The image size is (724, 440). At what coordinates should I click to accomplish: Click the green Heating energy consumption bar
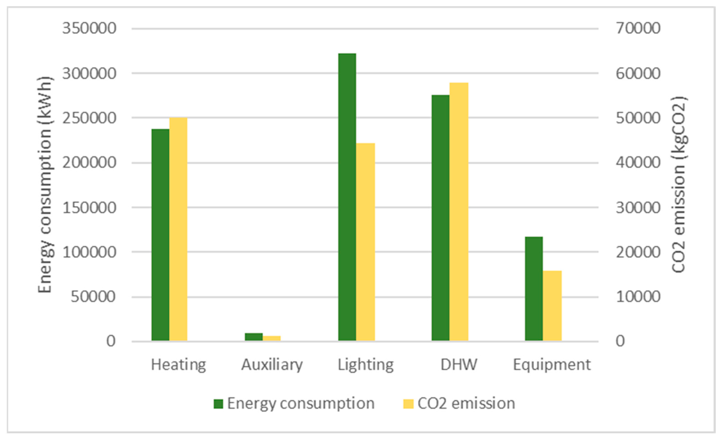[x=160, y=235]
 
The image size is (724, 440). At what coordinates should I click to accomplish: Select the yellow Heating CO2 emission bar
[x=178, y=229]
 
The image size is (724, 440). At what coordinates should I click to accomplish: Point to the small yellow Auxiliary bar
[x=271, y=338]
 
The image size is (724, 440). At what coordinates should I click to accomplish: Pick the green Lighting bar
[x=347, y=197]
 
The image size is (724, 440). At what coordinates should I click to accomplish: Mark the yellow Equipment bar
[x=552, y=306]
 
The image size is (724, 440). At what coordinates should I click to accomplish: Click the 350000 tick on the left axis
[x=89, y=29]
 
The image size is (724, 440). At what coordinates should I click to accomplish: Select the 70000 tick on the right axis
[x=638, y=29]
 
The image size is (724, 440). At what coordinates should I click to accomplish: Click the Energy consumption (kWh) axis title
[x=45, y=185]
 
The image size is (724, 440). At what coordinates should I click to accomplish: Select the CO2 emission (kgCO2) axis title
[x=679, y=185]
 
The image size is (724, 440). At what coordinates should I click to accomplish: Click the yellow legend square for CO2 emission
[x=408, y=404]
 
